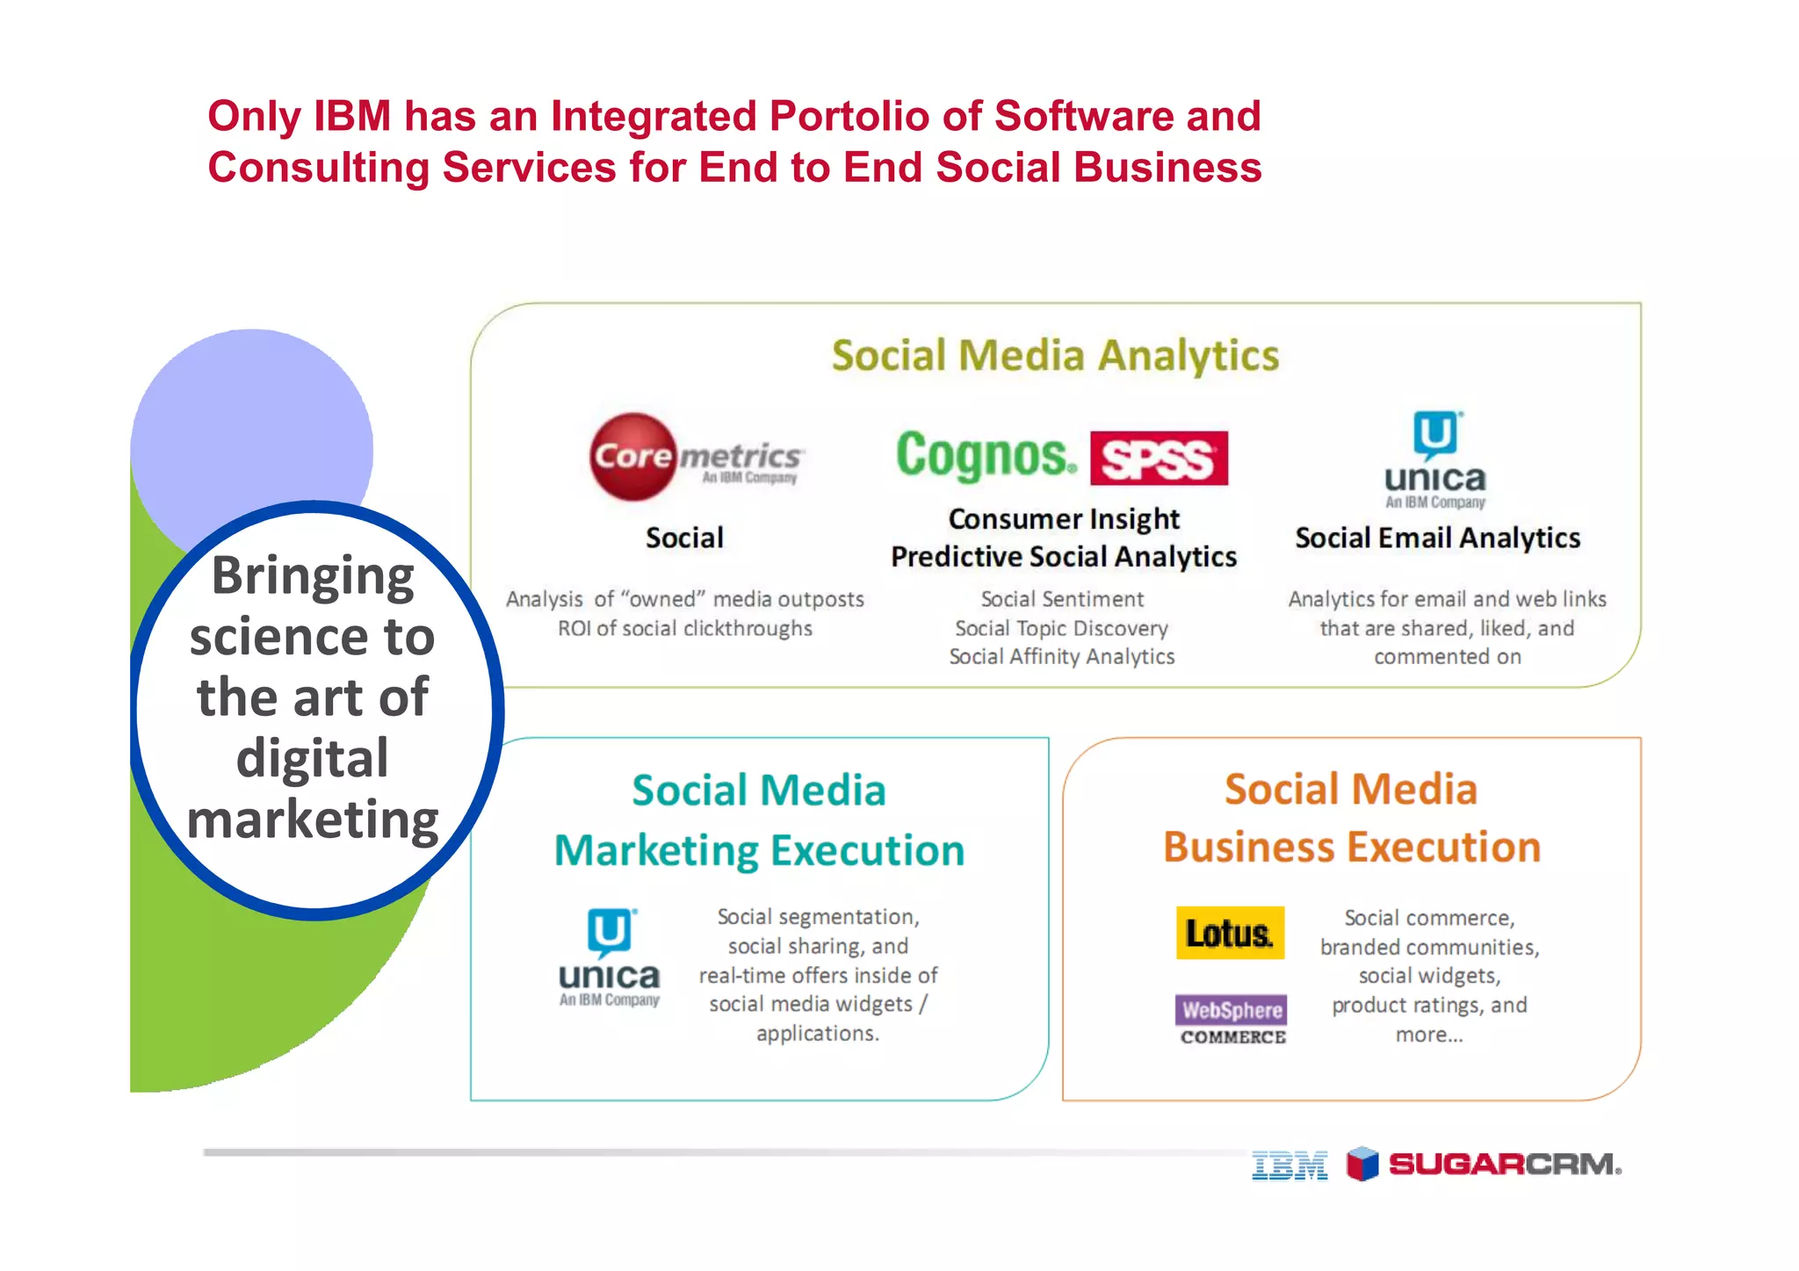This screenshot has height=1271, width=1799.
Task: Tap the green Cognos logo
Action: pyautogui.click(x=986, y=456)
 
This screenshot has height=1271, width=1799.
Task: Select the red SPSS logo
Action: pyautogui.click(x=1159, y=459)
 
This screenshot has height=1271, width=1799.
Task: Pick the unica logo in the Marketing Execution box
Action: pyautogui.click(x=610, y=958)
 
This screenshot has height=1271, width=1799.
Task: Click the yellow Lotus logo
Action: pyautogui.click(x=1230, y=933)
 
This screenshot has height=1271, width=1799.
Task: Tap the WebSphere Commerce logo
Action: pyautogui.click(x=1232, y=1020)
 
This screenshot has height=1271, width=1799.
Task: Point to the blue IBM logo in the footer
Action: pyautogui.click(x=1290, y=1166)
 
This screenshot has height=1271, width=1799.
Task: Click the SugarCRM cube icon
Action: pyautogui.click(x=1362, y=1164)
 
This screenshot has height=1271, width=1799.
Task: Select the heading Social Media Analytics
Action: pyautogui.click(x=1055, y=356)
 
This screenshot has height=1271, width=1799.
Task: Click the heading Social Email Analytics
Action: pyautogui.click(x=1437, y=538)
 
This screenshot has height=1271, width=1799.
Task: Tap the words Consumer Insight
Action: pyautogui.click(x=1064, y=519)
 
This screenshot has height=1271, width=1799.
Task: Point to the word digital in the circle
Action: pyautogui.click(x=313, y=758)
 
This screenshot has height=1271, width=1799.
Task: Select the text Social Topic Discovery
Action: pyautogui.click(x=1061, y=628)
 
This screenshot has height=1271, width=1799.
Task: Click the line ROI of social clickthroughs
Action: pyautogui.click(x=685, y=628)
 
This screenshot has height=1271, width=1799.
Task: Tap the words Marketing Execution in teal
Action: pyautogui.click(x=759, y=850)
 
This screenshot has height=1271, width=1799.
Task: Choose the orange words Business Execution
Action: pyautogui.click(x=1352, y=848)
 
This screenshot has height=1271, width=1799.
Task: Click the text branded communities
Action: pyautogui.click(x=1429, y=947)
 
